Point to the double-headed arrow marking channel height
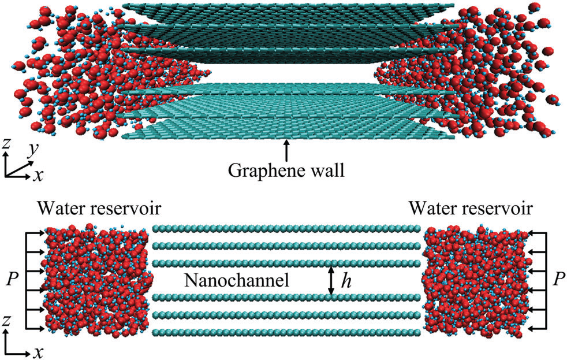[331, 280]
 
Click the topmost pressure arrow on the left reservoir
[35, 233]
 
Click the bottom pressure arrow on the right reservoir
[536, 329]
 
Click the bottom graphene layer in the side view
[286, 332]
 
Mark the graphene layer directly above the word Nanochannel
[286, 263]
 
